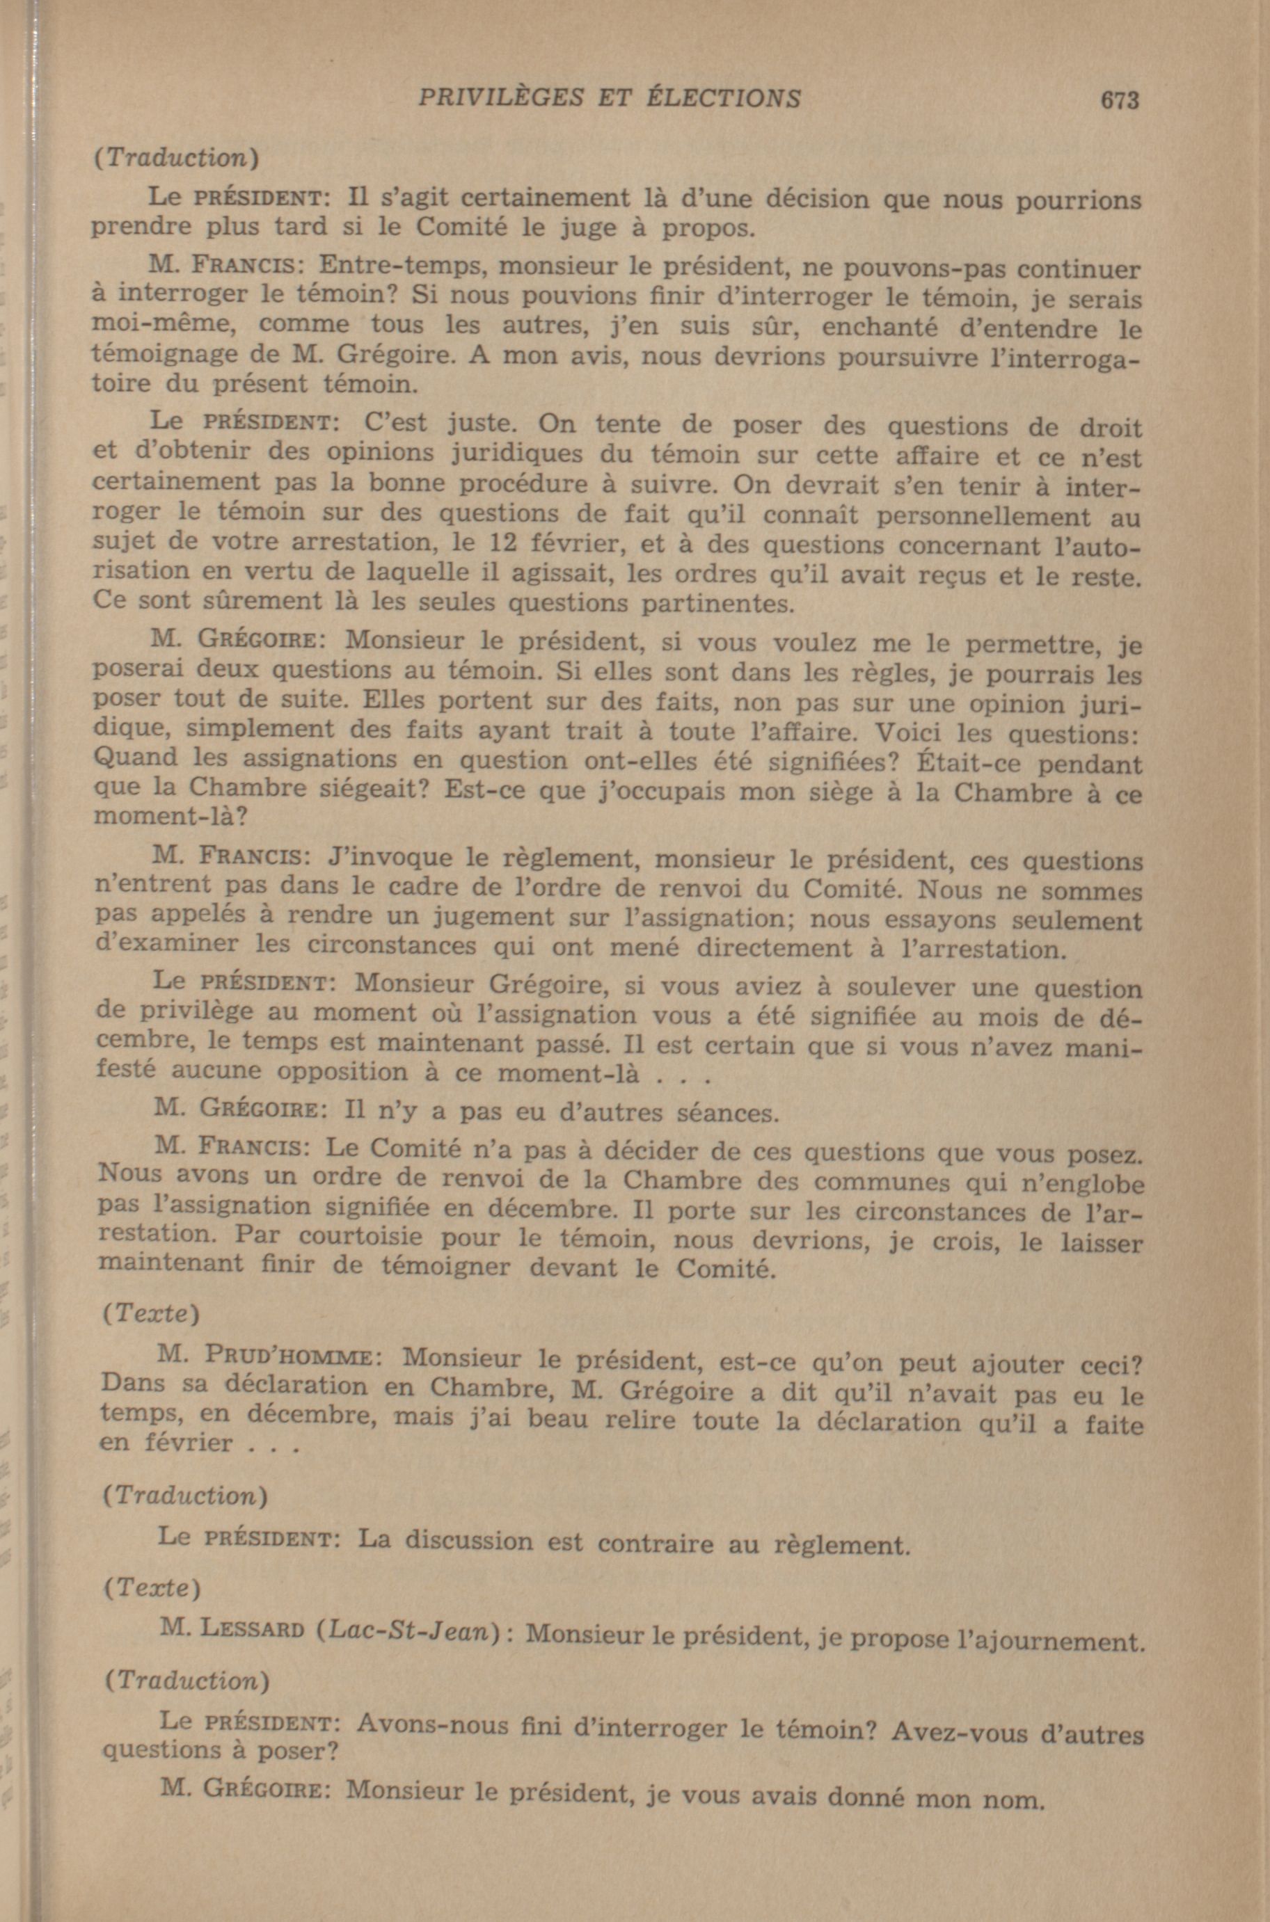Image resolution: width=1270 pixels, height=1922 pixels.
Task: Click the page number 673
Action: tap(1120, 99)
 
